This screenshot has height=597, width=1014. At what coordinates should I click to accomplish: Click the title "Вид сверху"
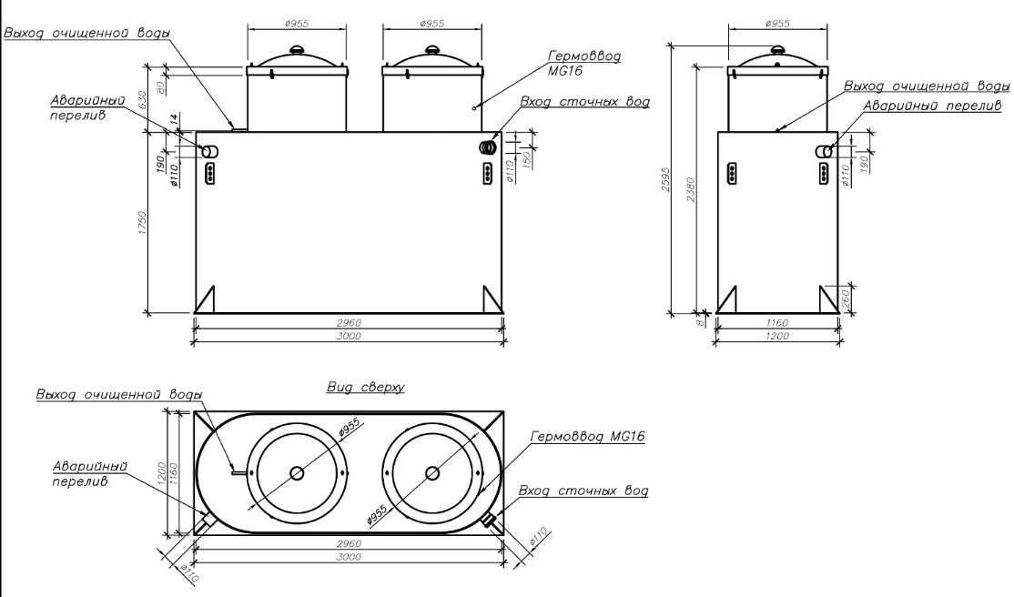365,388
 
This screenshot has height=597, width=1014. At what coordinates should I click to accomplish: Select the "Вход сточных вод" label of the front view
584,102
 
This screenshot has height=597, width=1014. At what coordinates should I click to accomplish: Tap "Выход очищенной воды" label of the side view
926,86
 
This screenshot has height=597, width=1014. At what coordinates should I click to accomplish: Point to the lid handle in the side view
777,49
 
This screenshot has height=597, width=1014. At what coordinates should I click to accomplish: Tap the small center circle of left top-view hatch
297,472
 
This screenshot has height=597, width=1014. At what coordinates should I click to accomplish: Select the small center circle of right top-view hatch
432,472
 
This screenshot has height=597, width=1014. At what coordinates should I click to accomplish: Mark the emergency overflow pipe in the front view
208,152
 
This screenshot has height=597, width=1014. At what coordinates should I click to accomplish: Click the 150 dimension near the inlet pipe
525,148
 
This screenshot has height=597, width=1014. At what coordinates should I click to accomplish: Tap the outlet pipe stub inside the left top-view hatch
239,472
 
